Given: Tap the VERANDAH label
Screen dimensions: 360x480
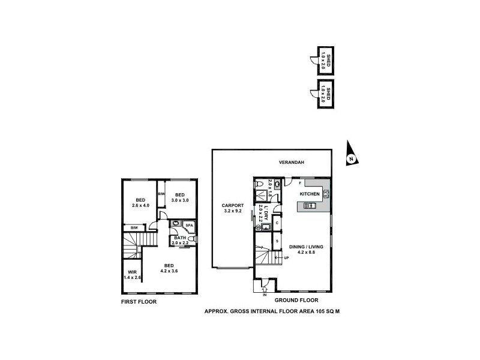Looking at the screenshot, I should coord(292,163).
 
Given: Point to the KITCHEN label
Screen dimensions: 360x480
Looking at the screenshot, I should coord(310,194).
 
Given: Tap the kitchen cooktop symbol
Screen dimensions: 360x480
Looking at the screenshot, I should coord(326,193).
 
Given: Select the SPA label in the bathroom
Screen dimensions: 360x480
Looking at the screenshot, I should coord(188,225).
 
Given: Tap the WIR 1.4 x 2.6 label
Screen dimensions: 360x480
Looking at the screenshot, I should coord(133,275).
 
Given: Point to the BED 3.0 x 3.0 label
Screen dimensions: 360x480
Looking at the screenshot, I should coord(180,198).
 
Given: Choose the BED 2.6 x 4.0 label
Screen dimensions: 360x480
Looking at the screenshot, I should coord(140,203).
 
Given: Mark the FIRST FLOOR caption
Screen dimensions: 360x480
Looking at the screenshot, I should coord(139,302).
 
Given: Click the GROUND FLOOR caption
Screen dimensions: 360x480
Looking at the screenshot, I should coord(296,300).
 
